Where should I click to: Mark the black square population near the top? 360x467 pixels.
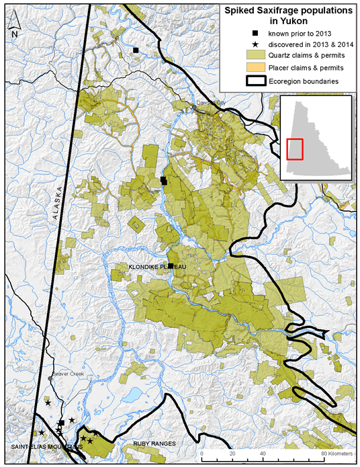pyautogui.click(x=136, y=50)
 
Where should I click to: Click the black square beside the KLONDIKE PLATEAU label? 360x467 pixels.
pyautogui.click(x=171, y=266)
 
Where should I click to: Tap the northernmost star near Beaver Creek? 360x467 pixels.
pyautogui.click(x=48, y=403)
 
